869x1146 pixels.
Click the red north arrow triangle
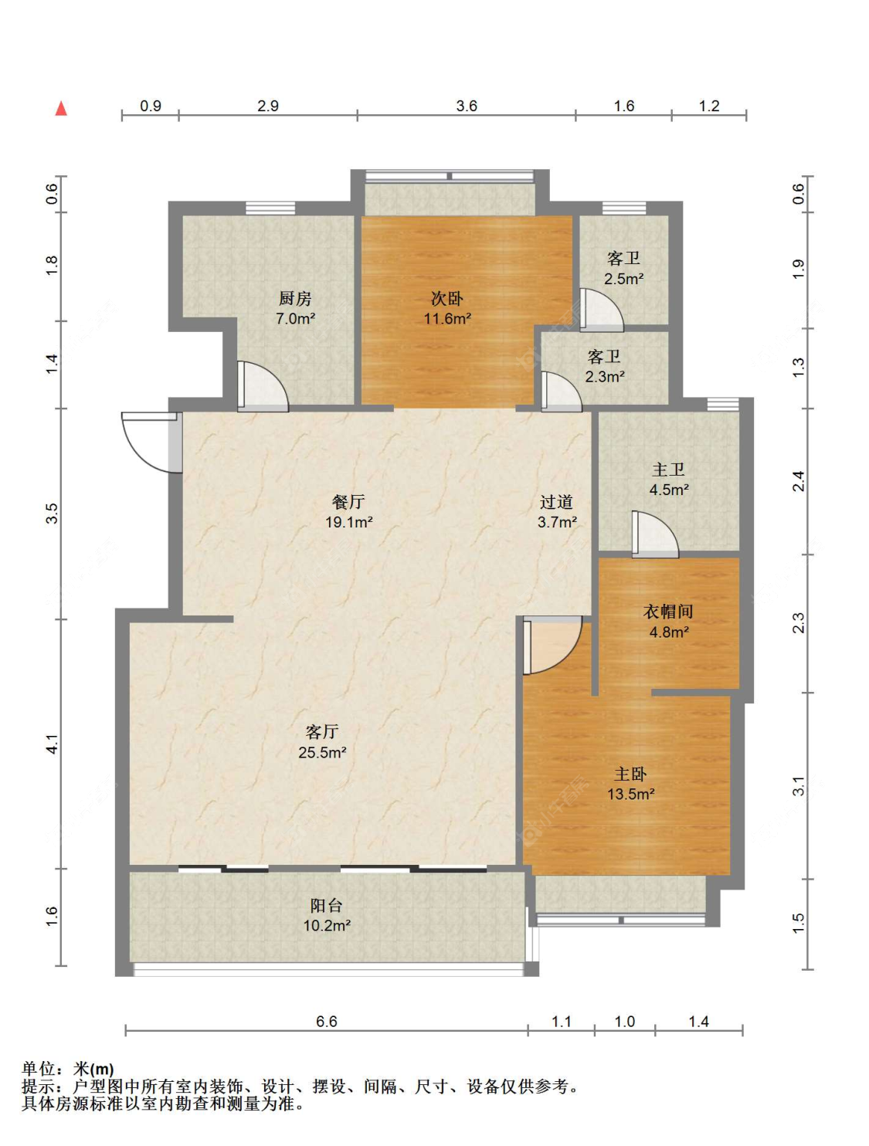click(61, 108)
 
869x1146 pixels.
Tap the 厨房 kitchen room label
click(295, 298)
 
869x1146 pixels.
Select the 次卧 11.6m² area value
click(447, 318)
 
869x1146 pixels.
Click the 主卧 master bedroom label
click(630, 775)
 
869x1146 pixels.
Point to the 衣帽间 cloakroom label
click(668, 611)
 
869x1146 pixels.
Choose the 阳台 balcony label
click(327, 906)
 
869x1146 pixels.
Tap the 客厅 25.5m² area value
click(322, 752)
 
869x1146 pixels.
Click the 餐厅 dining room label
click(348, 502)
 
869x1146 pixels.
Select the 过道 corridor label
click(557, 502)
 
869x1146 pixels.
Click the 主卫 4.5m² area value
click(668, 490)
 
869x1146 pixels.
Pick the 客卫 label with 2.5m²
click(623, 259)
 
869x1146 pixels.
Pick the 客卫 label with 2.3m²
click(604, 357)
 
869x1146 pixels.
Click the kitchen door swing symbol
click(262, 385)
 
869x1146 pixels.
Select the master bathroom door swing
click(655, 534)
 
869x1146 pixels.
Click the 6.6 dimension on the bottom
click(327, 1021)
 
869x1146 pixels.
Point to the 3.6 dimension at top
click(467, 106)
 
